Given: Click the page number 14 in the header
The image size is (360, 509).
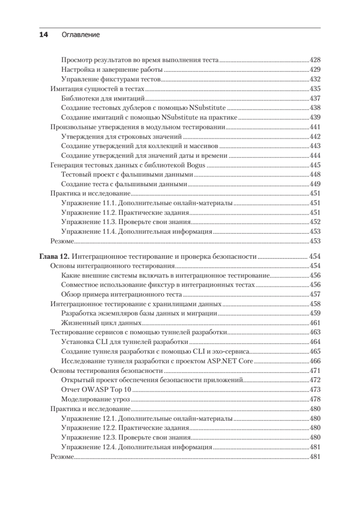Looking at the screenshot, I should point(44,35).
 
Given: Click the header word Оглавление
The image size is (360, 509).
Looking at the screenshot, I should point(81,35).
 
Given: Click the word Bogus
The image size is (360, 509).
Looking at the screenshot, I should point(196,165).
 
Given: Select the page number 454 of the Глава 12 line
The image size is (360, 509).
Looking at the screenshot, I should point(315,256).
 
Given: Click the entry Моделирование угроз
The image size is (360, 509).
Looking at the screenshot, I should point(95,399).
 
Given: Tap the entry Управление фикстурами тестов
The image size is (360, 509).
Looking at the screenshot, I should point(111,79).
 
